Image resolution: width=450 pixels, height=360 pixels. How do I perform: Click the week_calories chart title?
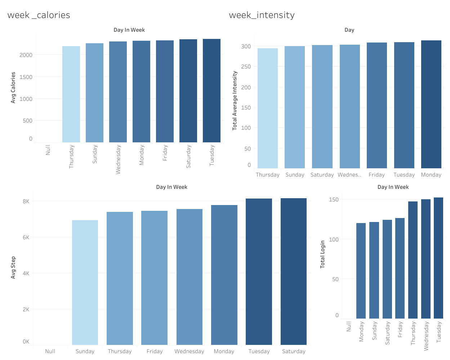point(39,15)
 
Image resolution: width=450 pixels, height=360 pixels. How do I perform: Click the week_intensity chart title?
point(262,15)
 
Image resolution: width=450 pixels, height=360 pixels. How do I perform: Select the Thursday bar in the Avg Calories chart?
point(71,94)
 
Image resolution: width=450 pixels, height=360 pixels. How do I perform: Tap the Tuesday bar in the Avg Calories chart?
point(211,90)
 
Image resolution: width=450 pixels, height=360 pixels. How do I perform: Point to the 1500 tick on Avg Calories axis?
point(26,77)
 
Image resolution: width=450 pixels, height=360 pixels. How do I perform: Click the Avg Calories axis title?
point(13,88)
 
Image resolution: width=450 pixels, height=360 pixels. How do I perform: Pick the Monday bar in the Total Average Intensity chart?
point(431,104)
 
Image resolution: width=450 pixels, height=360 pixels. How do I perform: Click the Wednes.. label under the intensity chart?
point(349,175)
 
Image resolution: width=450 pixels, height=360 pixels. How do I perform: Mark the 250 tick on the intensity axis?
point(246,67)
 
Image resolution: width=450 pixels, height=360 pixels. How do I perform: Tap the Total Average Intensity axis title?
point(235,101)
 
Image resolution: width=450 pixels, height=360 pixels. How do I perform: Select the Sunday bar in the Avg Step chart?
point(85,282)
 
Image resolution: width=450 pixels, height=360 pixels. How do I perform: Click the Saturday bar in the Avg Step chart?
point(293,271)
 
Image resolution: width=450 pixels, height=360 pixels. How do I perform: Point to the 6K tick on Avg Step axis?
point(26,237)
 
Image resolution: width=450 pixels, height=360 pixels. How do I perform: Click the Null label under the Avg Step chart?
point(50,351)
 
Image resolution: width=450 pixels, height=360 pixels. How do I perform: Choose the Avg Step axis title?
point(13,267)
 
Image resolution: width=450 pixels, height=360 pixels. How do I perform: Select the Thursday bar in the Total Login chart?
point(413,260)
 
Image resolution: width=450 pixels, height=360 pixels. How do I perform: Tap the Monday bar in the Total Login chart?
point(361,271)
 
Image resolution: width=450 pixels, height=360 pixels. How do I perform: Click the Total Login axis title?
point(322,254)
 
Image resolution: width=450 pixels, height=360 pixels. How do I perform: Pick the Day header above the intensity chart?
point(349,30)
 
